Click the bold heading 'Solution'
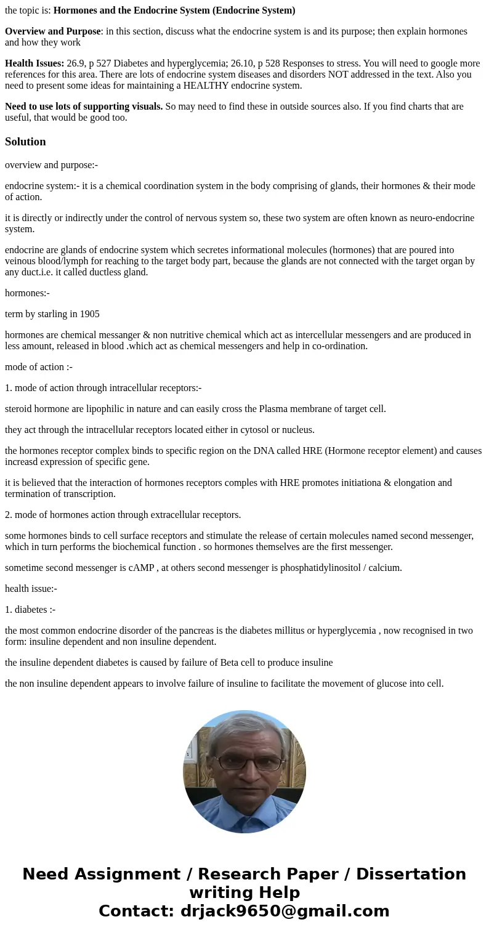25,142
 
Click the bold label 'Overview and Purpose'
52,31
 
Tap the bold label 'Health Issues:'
34,63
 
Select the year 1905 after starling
89,314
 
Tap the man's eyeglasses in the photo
249,762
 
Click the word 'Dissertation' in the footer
411,874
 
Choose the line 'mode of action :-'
39,367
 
